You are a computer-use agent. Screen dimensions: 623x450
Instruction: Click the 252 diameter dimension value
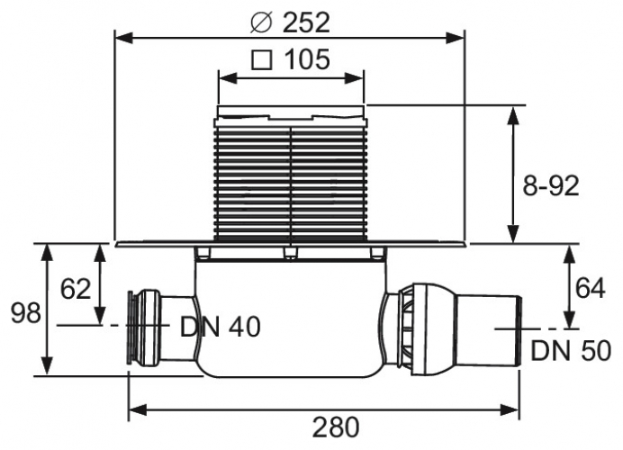(x=306, y=22)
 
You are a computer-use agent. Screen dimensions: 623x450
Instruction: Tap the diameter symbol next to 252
(x=261, y=23)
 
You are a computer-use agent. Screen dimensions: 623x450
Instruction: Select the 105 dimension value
(x=307, y=59)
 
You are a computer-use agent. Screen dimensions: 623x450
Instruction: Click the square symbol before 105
(x=262, y=60)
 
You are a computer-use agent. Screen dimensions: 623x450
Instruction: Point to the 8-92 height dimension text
(x=551, y=185)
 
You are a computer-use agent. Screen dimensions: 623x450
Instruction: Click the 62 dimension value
(x=76, y=288)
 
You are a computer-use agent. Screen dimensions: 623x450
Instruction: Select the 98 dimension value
(x=25, y=312)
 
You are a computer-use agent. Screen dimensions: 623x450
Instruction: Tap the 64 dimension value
(x=591, y=288)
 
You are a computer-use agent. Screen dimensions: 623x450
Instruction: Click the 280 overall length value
(x=336, y=427)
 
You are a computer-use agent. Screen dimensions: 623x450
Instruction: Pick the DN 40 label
(x=220, y=327)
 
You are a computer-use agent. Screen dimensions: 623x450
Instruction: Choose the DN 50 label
(x=571, y=351)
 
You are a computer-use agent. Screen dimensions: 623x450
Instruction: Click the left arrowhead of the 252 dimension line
(x=123, y=38)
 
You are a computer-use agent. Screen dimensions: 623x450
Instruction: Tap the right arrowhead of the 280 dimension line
(x=510, y=409)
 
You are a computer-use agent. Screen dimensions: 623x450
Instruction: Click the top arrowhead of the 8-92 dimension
(x=513, y=115)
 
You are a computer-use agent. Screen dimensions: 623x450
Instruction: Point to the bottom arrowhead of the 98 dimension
(x=48, y=365)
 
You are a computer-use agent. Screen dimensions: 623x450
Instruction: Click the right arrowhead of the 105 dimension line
(x=355, y=78)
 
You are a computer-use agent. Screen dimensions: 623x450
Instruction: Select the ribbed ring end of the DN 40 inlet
(x=131, y=328)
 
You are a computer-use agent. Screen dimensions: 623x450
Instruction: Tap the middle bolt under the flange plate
(x=291, y=254)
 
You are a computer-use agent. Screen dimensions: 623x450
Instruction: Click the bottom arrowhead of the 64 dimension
(x=571, y=319)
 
